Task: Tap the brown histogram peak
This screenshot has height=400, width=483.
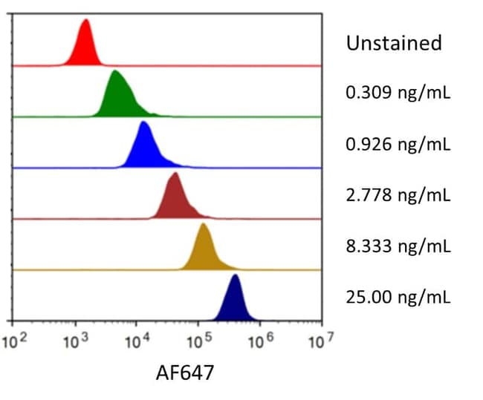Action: click(x=175, y=197)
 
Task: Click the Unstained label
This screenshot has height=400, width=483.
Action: click(x=394, y=43)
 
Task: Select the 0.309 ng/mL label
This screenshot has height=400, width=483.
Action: click(x=398, y=94)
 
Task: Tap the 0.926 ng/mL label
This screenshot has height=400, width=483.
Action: click(x=398, y=145)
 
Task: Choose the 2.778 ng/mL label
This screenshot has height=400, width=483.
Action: click(x=398, y=196)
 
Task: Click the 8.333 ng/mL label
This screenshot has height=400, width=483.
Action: click(x=398, y=247)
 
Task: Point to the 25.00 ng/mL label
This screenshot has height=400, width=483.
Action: click(x=398, y=298)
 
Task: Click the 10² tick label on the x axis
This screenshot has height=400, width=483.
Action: click(x=13, y=342)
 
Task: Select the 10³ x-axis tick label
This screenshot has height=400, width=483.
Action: click(x=75, y=342)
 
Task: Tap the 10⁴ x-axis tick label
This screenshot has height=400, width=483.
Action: click(x=137, y=342)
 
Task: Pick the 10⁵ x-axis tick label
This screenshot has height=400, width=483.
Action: click(x=198, y=342)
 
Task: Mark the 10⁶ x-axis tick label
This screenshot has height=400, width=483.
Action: click(x=259, y=342)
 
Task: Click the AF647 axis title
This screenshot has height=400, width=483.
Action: click(x=184, y=373)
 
